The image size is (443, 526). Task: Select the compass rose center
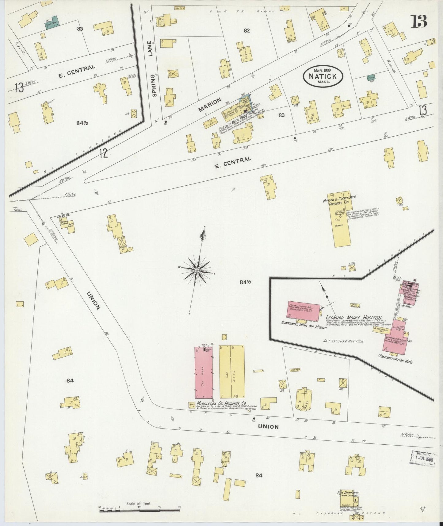(197, 270)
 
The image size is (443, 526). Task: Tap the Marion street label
(210, 105)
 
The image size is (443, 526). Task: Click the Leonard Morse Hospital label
(353, 318)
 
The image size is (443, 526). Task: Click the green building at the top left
(55, 21)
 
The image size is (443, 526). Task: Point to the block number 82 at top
(247, 30)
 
